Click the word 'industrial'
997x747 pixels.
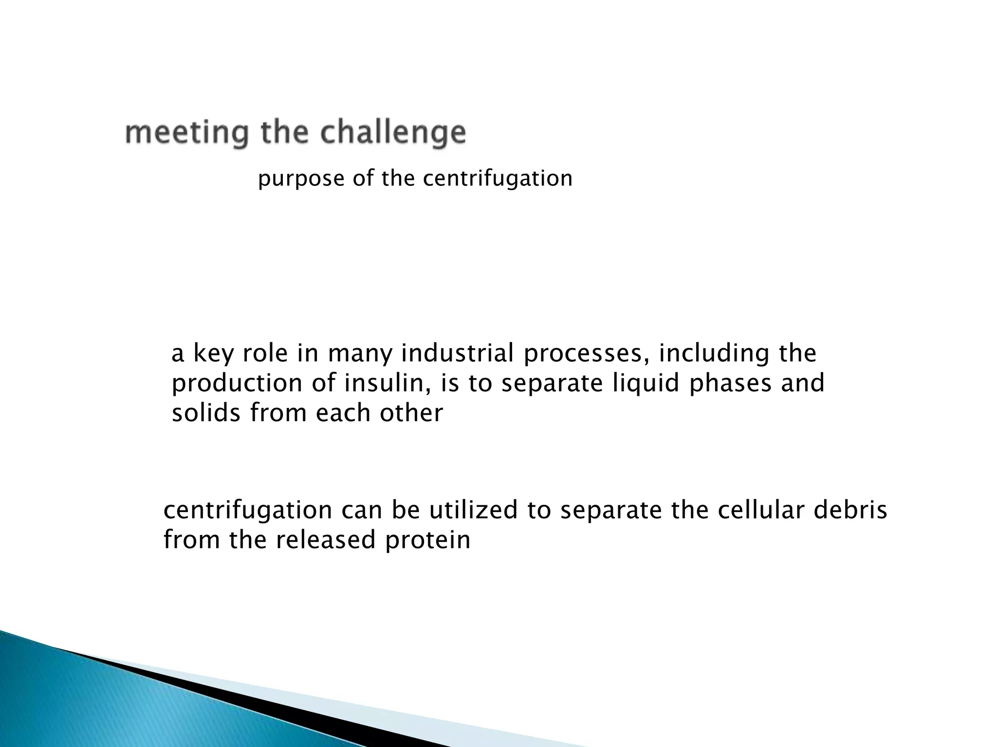tap(457, 353)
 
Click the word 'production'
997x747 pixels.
tap(237, 384)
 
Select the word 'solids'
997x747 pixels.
tap(206, 413)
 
